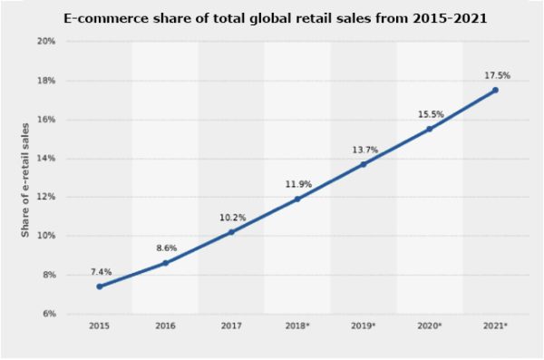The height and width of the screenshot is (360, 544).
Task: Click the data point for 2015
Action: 99,287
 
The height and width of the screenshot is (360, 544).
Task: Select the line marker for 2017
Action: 231,232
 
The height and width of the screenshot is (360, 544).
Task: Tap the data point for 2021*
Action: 495,90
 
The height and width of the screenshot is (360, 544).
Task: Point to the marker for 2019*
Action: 363,164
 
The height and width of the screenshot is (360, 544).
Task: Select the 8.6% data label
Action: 165,248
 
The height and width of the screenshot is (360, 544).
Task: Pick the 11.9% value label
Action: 297,184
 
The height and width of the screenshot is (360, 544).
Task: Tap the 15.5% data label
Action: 430,113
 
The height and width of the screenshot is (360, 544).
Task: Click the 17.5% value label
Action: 495,74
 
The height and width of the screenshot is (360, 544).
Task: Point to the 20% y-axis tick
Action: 46,42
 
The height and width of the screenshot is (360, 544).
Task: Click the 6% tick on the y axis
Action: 49,314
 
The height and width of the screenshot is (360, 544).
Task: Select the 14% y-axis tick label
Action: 46,159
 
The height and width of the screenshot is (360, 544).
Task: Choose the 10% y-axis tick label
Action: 46,236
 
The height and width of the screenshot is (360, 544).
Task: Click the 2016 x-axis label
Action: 165,326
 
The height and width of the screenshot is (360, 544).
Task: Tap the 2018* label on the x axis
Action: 297,326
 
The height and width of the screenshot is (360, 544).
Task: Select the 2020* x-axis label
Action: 430,326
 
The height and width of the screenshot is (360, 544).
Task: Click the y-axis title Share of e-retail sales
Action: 26,178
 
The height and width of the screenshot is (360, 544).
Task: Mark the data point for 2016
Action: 165,263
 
